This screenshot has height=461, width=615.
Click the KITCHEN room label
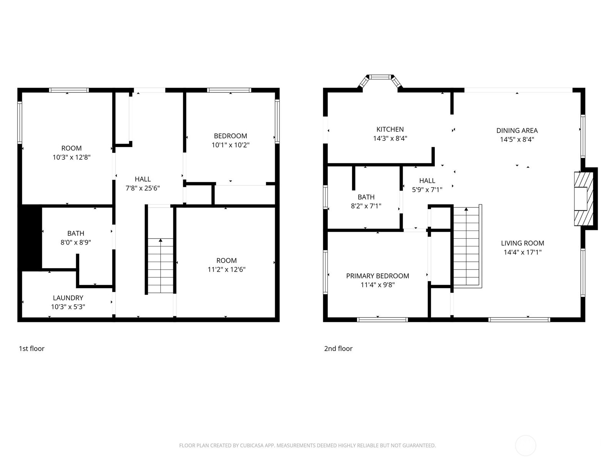point(390,129)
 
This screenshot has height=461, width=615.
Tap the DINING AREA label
point(517,131)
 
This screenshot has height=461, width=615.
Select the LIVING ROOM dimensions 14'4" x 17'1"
point(522,252)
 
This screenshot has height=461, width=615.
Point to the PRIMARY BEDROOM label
point(377,276)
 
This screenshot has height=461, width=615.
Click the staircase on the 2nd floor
point(466,246)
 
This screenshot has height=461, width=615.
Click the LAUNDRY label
point(68,298)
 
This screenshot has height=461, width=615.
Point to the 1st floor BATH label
point(76,233)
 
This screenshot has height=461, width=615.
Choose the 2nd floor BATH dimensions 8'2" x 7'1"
point(366,206)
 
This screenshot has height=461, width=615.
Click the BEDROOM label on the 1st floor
point(230,136)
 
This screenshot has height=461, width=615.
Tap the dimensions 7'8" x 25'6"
point(143,188)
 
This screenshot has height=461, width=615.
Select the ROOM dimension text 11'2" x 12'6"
point(226,269)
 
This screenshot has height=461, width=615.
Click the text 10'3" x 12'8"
point(71,157)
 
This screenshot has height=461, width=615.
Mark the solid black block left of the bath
point(31,237)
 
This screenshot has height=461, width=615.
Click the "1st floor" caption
point(32,348)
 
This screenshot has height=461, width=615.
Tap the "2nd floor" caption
point(338,348)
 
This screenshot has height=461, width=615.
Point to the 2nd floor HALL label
point(427,181)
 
